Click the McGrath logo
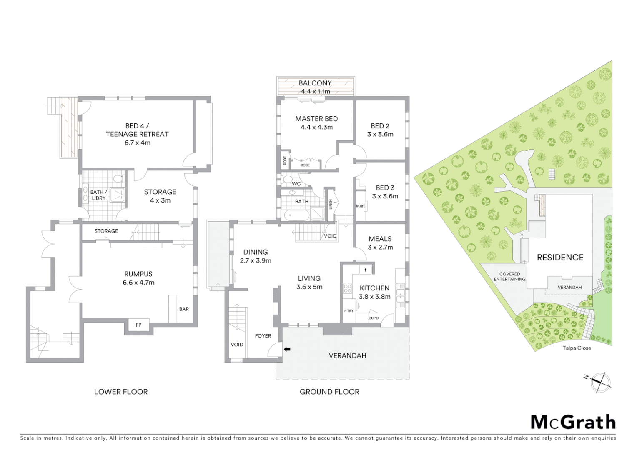tap(573, 422)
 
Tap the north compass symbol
tap(599, 382)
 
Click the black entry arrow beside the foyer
tap(287, 349)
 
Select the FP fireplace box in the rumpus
tap(138, 325)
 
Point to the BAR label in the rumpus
tap(184, 309)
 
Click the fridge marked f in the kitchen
tap(366, 270)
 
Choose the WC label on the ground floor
tap(296, 184)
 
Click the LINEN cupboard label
tap(331, 204)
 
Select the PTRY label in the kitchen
tap(349, 310)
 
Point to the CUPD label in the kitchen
tap(374, 318)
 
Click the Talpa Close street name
tap(577, 348)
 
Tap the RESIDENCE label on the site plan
tap(560, 257)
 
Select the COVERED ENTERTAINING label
tap(509, 277)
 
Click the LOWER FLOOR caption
tap(121, 392)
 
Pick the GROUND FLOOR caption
tap(329, 392)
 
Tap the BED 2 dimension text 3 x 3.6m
tap(380, 134)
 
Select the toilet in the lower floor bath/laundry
tap(118, 180)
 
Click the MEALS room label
tap(380, 239)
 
